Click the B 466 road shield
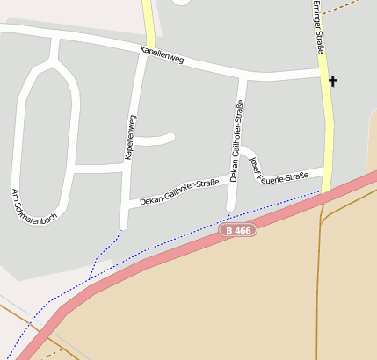click(x=237, y=230)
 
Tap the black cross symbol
click(x=332, y=82)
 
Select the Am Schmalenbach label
click(x=33, y=205)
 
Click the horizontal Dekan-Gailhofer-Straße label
click(x=178, y=192)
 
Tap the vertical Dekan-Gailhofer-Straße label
click(x=236, y=140)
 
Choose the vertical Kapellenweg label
click(x=130, y=137)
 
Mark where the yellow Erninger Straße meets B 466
click(x=326, y=191)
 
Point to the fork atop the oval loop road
click(x=54, y=61)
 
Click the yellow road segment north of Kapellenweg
click(x=149, y=22)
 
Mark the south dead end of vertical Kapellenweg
click(x=124, y=226)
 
